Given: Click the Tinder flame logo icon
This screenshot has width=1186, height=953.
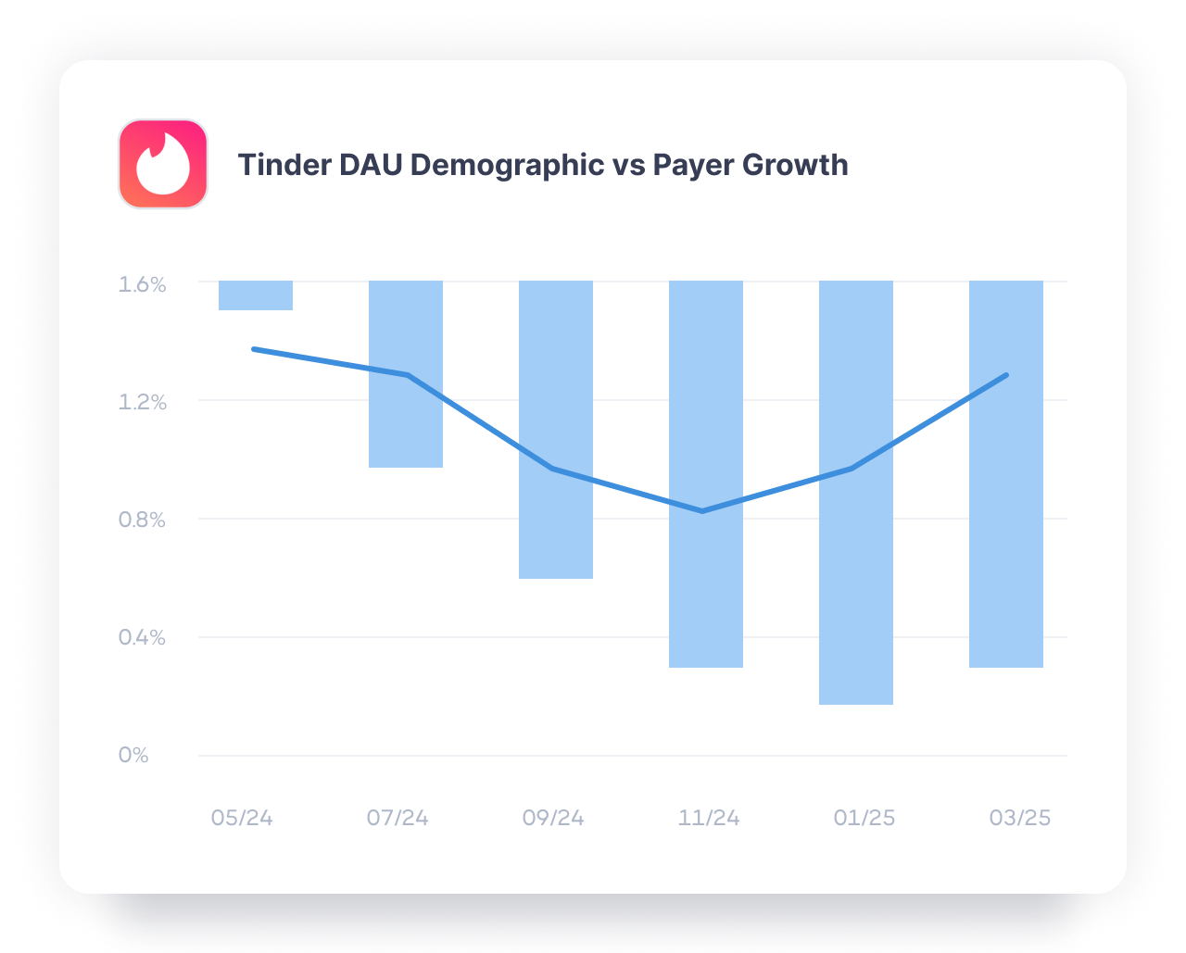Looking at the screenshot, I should pyautogui.click(x=163, y=164).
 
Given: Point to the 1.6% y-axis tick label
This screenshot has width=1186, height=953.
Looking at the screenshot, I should pyautogui.click(x=142, y=284).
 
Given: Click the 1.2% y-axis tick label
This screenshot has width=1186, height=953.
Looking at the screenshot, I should pyautogui.click(x=142, y=402).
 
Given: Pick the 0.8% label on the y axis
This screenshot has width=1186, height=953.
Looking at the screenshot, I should pyautogui.click(x=142, y=520).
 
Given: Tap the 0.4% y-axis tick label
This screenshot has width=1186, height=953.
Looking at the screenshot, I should pyautogui.click(x=142, y=637).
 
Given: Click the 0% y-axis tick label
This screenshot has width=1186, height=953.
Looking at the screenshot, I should pyautogui.click(x=133, y=755).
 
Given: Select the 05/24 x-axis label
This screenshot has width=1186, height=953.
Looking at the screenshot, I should pyautogui.click(x=242, y=819).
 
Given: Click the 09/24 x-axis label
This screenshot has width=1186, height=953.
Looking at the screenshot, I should pyautogui.click(x=553, y=819).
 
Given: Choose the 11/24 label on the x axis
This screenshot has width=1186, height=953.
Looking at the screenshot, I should pyautogui.click(x=709, y=819).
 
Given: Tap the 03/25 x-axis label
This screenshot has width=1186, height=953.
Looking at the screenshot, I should pyautogui.click(x=1020, y=819).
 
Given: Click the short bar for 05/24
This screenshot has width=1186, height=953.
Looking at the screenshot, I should pyautogui.click(x=256, y=295).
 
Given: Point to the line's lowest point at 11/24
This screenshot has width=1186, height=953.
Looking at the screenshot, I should pyautogui.click(x=703, y=511).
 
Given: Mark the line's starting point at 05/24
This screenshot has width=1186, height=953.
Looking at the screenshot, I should pyautogui.click(x=254, y=349).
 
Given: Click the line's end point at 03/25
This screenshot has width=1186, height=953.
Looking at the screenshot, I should pyautogui.click(x=1006, y=375).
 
